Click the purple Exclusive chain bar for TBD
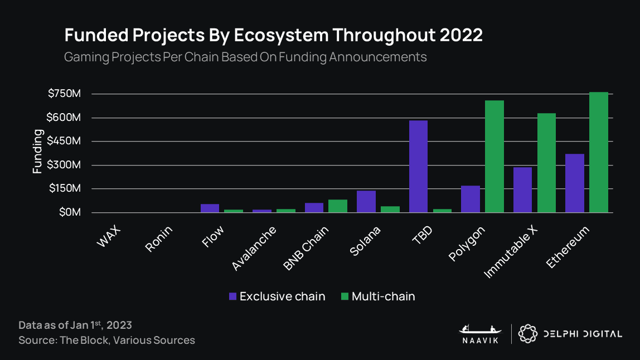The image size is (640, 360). (418, 166)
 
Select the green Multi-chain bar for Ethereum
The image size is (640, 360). (598, 152)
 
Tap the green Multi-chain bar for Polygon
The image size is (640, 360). (494, 157)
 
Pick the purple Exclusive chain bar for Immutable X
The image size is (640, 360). (522, 189)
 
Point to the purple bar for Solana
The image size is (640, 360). (366, 201)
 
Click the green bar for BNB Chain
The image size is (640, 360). (338, 206)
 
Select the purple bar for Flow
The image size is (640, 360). (210, 208)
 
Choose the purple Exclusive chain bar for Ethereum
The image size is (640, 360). (574, 183)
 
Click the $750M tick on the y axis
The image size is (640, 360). (65, 94)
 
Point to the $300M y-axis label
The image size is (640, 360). (65, 165)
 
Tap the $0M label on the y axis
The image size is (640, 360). (69, 212)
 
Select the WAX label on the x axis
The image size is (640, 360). (110, 237)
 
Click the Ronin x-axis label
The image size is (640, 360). (158, 240)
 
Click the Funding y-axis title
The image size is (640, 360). (37, 152)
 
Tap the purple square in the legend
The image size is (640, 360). (232, 296)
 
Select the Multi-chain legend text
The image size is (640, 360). (383, 296)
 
